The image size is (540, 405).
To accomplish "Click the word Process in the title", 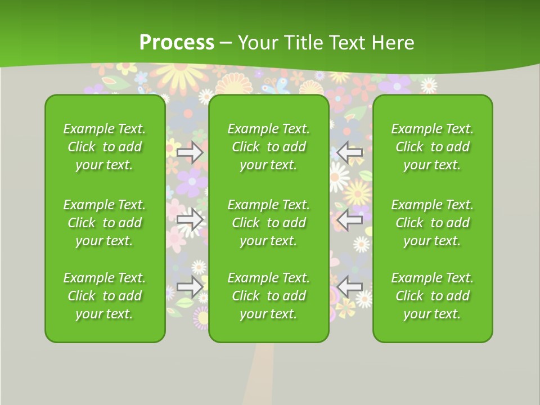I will [x=177, y=42].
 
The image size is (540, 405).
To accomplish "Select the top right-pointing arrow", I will [x=190, y=152].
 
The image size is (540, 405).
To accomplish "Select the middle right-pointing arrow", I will [x=190, y=219].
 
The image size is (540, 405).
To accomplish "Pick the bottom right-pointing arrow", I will [x=190, y=287].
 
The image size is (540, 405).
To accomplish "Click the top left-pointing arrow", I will [x=350, y=152].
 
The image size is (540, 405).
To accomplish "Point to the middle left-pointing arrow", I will [x=350, y=219].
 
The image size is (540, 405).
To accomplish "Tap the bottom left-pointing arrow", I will [x=350, y=287].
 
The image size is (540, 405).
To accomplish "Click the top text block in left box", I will [x=105, y=147].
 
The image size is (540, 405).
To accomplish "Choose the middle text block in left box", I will [x=105, y=223].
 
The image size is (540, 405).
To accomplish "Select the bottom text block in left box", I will [x=105, y=296].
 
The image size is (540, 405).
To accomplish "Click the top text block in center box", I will [x=268, y=147].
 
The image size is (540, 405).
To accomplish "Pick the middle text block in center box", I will [x=268, y=223].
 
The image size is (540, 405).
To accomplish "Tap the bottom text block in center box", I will [x=268, y=296].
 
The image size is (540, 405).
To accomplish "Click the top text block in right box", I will [x=432, y=147].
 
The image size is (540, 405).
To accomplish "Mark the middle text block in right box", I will [x=432, y=223].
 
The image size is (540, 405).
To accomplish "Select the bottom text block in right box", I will [x=432, y=296].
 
